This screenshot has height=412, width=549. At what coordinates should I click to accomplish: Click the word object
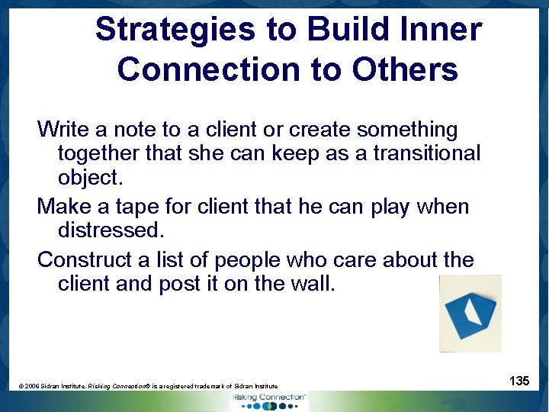(90, 177)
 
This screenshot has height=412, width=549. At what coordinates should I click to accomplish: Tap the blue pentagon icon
(470, 313)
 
